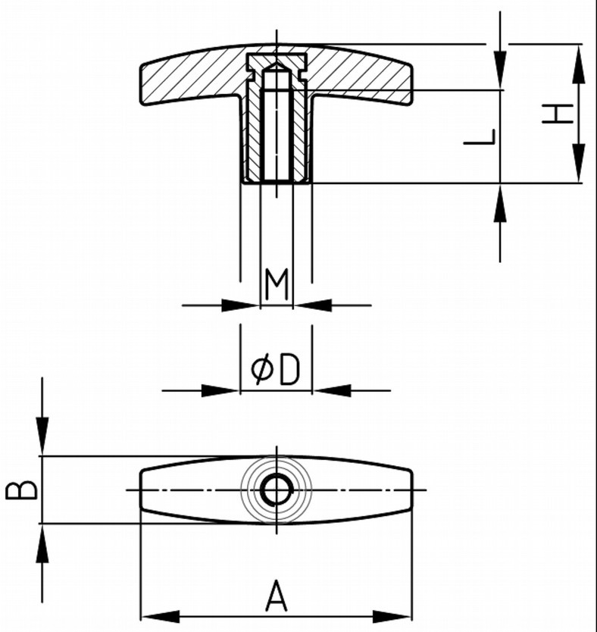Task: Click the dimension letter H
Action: coord(560,114)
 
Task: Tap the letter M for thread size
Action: coord(277,286)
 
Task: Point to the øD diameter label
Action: coord(275,370)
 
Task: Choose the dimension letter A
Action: coord(277,596)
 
